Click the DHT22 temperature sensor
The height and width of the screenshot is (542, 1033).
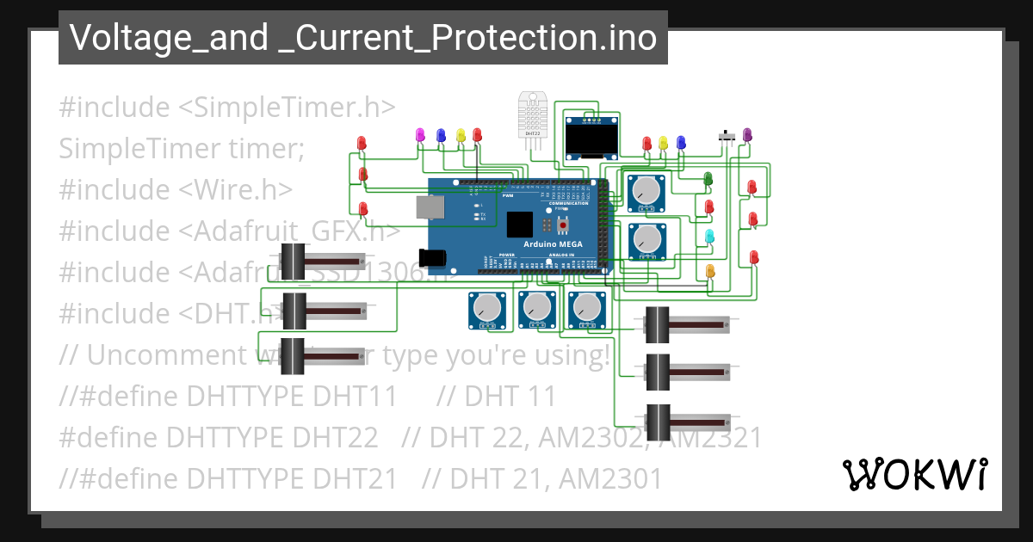click(533, 114)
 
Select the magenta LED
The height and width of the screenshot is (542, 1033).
click(421, 134)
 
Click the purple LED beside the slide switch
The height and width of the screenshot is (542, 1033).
click(747, 134)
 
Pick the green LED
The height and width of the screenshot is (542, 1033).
click(708, 178)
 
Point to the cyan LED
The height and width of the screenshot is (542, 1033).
click(709, 236)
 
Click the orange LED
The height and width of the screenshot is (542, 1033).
click(710, 271)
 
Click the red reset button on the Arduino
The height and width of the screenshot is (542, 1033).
click(564, 225)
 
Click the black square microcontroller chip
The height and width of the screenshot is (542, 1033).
click(520, 224)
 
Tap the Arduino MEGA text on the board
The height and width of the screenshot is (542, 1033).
click(553, 244)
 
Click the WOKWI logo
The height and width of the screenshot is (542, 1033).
click(914, 474)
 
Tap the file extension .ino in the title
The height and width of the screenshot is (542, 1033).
click(632, 38)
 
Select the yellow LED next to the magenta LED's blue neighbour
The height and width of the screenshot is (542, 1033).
click(461, 135)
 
